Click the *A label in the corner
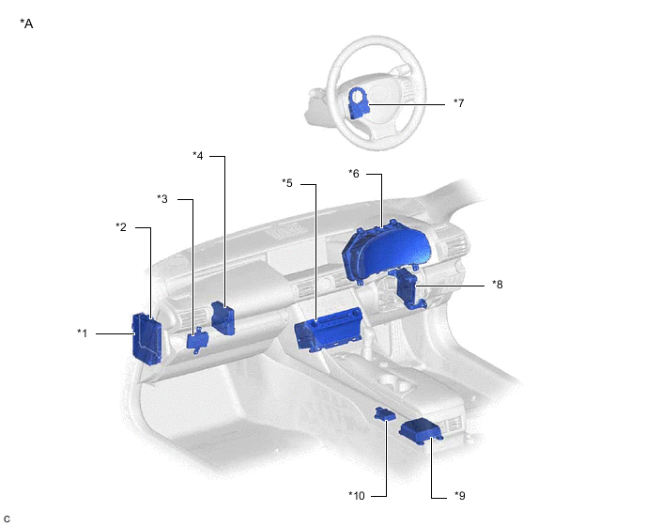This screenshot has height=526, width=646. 26,23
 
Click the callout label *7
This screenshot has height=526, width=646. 458,102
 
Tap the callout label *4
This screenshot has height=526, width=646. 198,156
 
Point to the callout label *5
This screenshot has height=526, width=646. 287,182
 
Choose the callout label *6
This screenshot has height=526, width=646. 354,174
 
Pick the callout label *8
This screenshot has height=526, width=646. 498,284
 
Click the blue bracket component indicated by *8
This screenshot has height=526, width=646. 408,288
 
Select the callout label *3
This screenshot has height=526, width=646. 162,199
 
